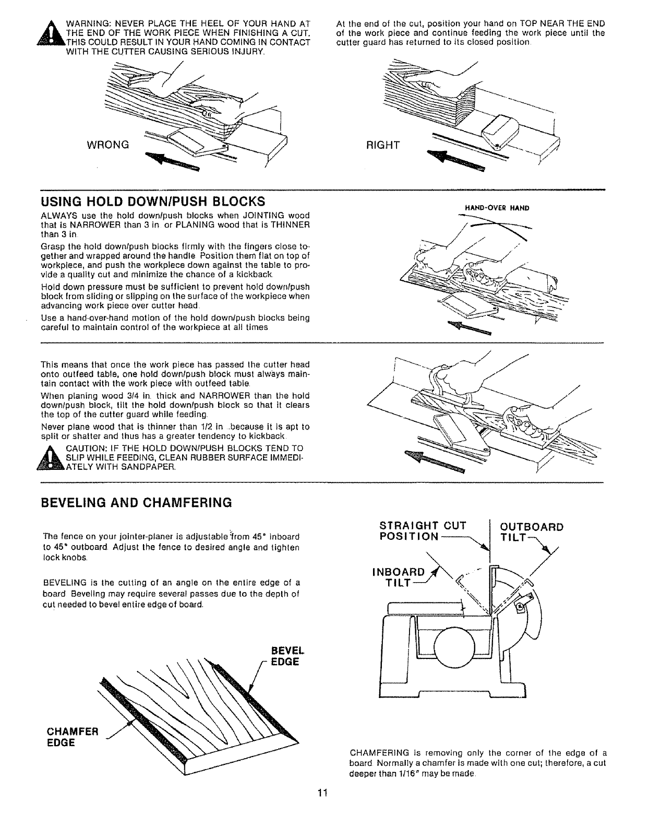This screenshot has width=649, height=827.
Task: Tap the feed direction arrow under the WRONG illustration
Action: click(172, 160)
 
